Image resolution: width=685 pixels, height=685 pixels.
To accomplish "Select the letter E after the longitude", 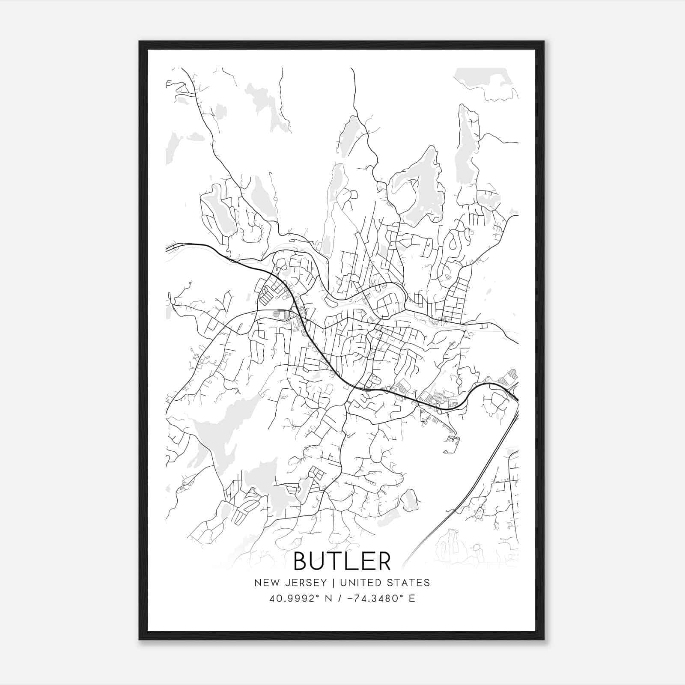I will click(412, 599).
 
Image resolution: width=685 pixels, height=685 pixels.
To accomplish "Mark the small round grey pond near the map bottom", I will click(410, 500).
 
